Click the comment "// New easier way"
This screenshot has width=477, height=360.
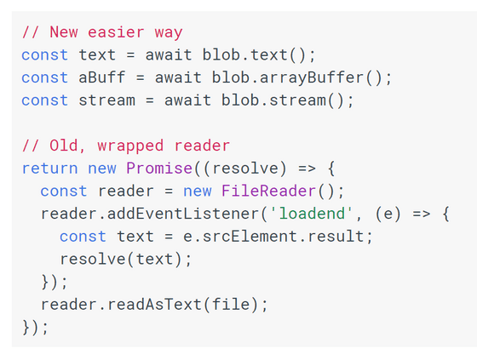102,32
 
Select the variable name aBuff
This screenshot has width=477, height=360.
102,77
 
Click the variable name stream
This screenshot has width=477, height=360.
106,100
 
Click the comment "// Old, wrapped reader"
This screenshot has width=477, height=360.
126,146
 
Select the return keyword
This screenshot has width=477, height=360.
50,169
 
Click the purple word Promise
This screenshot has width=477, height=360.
159,169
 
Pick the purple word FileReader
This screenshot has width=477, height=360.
268,191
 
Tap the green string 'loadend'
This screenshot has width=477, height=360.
312,214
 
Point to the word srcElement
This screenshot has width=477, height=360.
250,237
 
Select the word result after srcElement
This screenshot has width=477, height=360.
336,237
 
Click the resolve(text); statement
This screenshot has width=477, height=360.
126,260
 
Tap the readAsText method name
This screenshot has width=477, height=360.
154,305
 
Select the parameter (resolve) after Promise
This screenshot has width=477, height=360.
245,169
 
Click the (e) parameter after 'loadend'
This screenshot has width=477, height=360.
388,214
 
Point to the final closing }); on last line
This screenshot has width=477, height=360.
35,328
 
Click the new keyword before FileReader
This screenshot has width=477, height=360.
197,191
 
